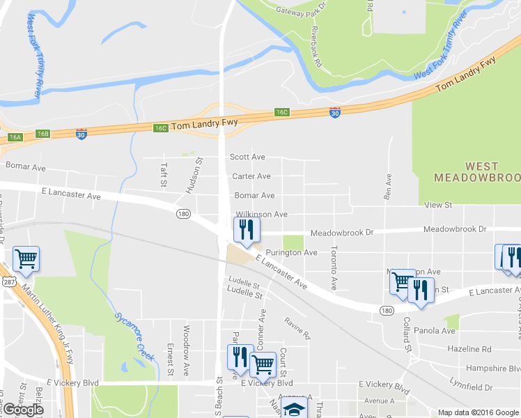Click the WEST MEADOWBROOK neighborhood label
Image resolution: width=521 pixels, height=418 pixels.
472,171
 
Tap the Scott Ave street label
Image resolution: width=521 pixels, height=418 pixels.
247,157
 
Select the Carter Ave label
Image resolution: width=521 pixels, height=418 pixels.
251,176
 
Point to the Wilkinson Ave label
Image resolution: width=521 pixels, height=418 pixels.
261,215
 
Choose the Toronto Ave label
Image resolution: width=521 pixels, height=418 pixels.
334,268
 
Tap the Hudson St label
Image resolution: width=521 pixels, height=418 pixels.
199,170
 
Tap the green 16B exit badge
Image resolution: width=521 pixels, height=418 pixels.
43,133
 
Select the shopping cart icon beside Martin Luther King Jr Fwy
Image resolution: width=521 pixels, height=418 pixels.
26,259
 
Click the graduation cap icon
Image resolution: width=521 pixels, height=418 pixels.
295,410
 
